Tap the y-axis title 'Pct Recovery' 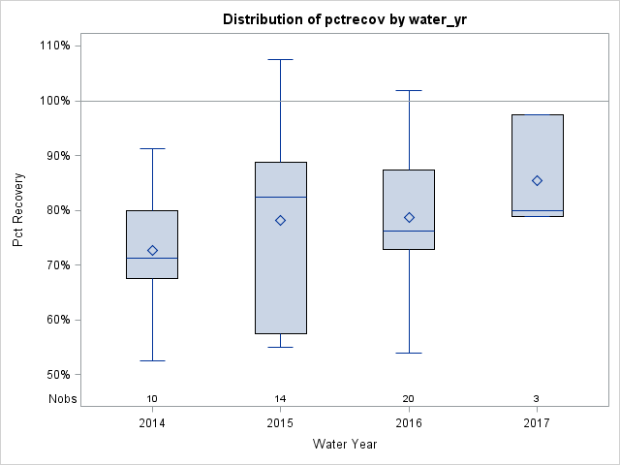coord(18,210)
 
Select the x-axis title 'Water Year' coord(344,445)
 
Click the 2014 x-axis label coord(152,423)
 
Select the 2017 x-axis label coord(537,423)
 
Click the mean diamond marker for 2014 coord(152,250)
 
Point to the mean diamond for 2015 coord(280,220)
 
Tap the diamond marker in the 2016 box coord(409,217)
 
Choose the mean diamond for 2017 coord(537,180)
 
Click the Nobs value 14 coord(280,398)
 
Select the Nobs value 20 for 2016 coord(409,398)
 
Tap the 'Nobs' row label coord(61,398)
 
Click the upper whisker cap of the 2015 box coord(280,59)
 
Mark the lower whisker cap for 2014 coord(152,360)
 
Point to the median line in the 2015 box coord(280,197)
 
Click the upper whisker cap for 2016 coord(409,90)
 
